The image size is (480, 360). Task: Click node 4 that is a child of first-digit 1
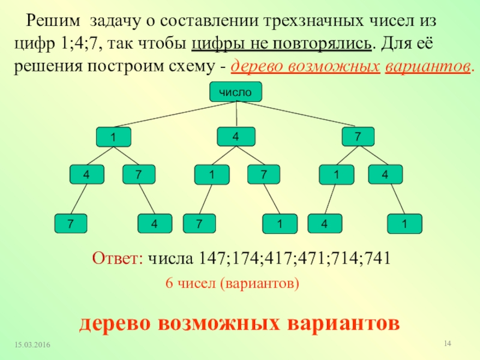(86, 175)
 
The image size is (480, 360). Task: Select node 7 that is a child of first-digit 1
(138, 175)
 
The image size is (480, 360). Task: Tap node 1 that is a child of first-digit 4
(211, 175)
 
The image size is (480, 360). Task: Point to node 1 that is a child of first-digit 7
(336, 175)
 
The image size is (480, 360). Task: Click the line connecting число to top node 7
(300, 115)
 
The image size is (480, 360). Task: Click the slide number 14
(446, 343)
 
